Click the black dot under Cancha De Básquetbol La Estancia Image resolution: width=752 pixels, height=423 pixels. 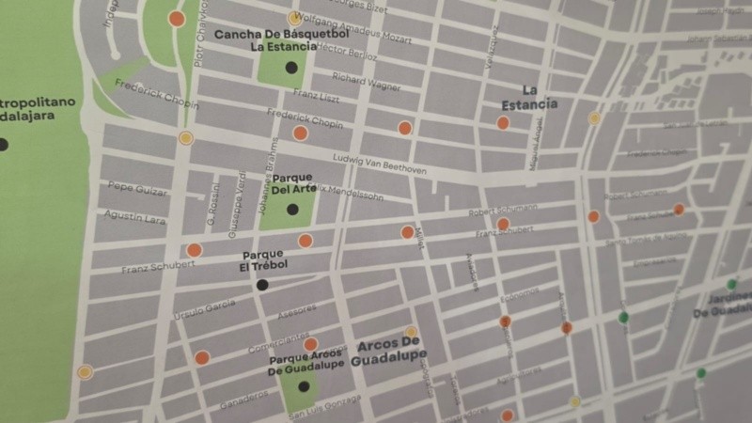291,67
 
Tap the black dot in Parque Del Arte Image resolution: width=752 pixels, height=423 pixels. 292,210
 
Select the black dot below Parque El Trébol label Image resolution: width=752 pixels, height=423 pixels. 262,285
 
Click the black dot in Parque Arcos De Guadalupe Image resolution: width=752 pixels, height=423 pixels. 304,386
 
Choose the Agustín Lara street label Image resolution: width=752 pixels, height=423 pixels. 135,218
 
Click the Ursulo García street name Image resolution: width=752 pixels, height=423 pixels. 204,305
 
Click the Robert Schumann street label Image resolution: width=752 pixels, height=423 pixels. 502,211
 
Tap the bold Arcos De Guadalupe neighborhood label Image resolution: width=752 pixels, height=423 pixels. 389,350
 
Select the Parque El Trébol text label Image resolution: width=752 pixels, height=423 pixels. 264,260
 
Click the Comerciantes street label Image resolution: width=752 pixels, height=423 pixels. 279,338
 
